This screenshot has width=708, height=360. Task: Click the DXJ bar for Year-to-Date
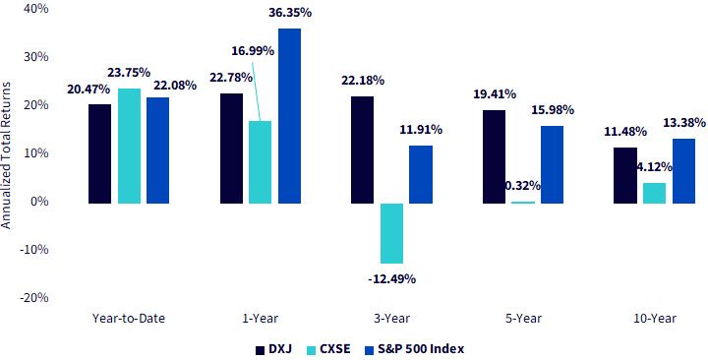tap(99, 153)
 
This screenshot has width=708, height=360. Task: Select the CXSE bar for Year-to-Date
tap(129, 146)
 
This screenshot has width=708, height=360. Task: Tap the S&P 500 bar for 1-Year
tap(289, 116)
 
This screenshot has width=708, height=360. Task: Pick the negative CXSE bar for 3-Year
tap(391, 233)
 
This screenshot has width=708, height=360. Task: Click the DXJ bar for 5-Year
tap(494, 156)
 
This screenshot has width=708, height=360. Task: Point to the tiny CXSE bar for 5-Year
tap(523, 203)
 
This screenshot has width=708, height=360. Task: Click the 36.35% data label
tap(290, 12)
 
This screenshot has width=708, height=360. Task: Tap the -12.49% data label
tap(391, 279)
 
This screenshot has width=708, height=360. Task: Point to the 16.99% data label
tap(253, 50)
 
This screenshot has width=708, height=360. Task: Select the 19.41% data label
tap(495, 94)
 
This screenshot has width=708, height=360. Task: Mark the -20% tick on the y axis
tap(33, 298)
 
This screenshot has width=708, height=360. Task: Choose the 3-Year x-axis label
tap(391, 319)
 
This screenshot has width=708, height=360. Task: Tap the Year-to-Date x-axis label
tap(129, 319)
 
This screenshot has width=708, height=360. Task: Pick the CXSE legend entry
tap(328, 349)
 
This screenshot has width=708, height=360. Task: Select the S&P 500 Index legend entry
tap(414, 349)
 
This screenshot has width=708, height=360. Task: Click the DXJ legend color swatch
tap(260, 349)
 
